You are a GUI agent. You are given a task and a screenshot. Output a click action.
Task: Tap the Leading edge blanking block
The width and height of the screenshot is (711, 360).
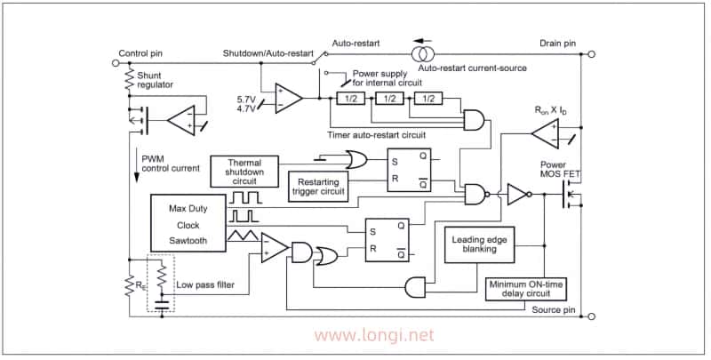click(x=480, y=244)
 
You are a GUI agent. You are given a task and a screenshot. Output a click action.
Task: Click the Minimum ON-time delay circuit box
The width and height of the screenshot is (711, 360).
click(x=526, y=290)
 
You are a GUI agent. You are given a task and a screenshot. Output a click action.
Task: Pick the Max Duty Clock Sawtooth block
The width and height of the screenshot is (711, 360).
click(x=188, y=225)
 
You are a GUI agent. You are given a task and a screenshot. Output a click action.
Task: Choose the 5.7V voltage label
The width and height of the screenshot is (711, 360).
click(x=246, y=98)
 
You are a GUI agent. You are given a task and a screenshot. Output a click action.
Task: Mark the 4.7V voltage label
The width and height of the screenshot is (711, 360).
click(x=246, y=108)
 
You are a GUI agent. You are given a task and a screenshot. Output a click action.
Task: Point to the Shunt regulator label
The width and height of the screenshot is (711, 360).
click(x=155, y=80)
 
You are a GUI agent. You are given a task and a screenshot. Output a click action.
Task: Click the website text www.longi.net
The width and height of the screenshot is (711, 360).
click(x=374, y=336)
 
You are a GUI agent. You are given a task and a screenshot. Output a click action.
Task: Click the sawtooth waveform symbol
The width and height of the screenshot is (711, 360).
click(x=244, y=236)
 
